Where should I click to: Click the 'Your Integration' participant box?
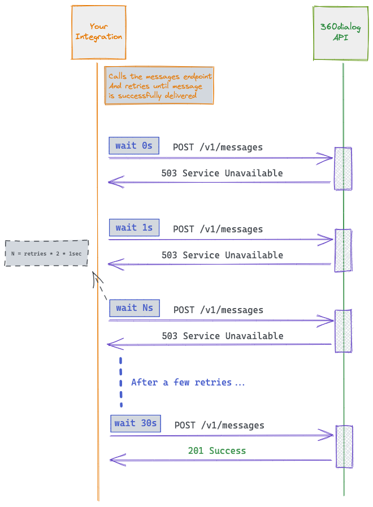(x=99, y=32)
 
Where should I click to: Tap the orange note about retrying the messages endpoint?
(x=159, y=86)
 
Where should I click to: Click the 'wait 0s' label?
(x=134, y=146)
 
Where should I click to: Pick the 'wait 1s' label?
(x=134, y=228)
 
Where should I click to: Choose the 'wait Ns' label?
(x=135, y=308)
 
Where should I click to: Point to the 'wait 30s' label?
(x=136, y=423)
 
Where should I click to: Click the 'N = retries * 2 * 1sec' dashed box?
(x=47, y=253)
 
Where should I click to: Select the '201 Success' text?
(x=217, y=451)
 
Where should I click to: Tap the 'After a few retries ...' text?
(x=188, y=383)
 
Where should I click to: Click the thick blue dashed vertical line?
(x=121, y=382)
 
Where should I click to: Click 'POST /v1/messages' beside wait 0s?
(x=218, y=148)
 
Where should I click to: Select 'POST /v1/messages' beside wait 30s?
(x=219, y=426)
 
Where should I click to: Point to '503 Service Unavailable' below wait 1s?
(x=222, y=255)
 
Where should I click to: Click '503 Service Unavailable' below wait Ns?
(x=222, y=336)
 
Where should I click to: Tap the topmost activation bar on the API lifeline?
(x=342, y=168)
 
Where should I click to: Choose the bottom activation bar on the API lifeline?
(x=344, y=447)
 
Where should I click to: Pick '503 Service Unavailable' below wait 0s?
(x=222, y=174)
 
